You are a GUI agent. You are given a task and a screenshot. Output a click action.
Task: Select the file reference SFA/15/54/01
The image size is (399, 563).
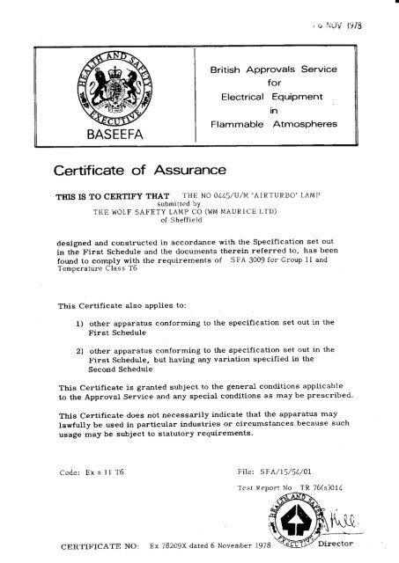(x=290, y=472)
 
